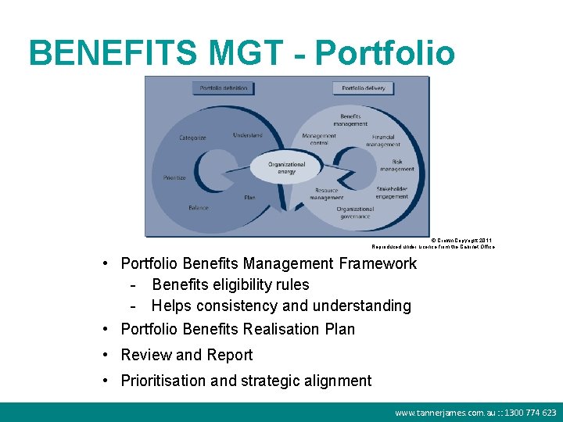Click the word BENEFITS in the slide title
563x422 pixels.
113,53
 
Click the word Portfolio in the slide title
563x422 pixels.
385,53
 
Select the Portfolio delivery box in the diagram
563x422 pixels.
363,88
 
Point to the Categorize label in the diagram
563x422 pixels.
192,138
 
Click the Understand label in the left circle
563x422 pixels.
247,135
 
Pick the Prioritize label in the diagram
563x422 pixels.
174,177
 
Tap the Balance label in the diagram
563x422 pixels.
198,208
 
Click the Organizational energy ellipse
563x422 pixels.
286,168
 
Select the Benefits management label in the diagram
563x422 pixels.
350,120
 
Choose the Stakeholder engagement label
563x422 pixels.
392,192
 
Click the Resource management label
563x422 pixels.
326,194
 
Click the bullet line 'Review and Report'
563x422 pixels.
186,355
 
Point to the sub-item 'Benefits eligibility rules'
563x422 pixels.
230,284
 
